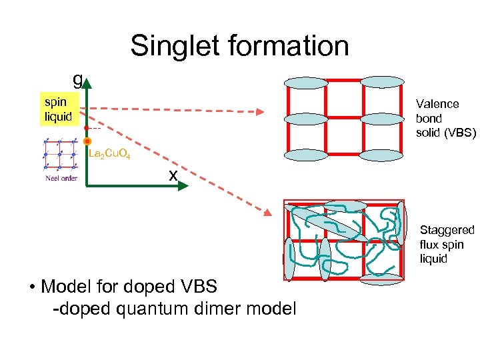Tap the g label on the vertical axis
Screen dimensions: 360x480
coord(77,80)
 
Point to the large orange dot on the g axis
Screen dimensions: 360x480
coord(87,141)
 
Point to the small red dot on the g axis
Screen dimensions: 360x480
coord(87,127)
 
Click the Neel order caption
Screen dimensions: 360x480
coord(61,179)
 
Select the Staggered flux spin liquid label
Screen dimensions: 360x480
coord(447,244)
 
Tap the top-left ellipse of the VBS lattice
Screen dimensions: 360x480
coord(306,83)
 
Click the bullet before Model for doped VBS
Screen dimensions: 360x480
coord(31,288)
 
